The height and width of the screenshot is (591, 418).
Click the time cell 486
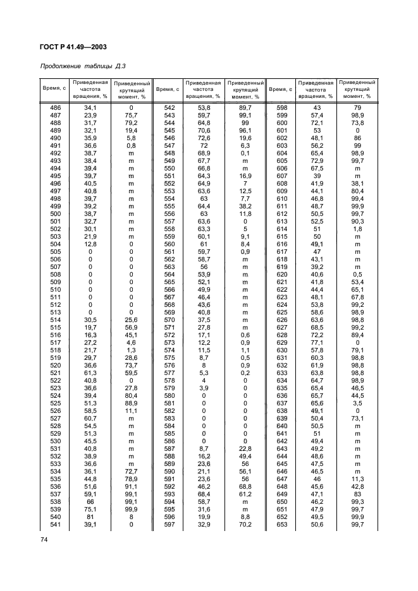coord(55,108)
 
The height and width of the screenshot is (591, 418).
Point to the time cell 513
coord(55,312)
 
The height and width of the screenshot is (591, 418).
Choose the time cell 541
coord(55,523)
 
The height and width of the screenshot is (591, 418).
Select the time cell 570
coord(169,319)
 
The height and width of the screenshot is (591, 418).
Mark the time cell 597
coord(169,523)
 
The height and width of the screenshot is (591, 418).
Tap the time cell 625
coord(282,312)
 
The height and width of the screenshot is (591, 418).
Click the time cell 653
coord(282,523)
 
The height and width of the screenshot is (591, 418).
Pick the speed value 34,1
coord(90,108)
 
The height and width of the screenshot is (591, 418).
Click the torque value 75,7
coord(132,116)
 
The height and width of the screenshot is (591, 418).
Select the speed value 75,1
coord(90,508)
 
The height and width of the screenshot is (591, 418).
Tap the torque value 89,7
coord(245,108)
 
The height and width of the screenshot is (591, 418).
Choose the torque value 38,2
coord(245,206)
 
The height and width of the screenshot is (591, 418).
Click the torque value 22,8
coord(245,448)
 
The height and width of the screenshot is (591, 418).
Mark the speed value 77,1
coord(317,342)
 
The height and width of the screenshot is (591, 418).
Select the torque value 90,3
coord(357,221)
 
